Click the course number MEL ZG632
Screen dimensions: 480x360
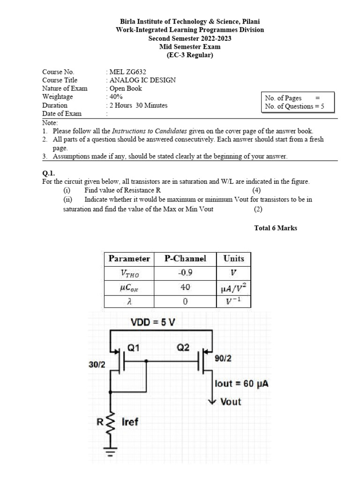point(128,72)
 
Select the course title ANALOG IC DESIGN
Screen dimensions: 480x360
point(142,80)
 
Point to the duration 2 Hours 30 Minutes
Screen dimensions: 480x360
point(138,105)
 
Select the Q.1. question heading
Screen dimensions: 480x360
point(49,172)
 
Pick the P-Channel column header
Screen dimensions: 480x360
point(185,258)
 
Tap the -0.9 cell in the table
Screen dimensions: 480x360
point(185,272)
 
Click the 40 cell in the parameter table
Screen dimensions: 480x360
point(185,287)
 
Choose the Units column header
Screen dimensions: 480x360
point(233,258)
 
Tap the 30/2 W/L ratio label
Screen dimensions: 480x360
point(97,365)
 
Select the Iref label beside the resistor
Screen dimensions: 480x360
point(130,421)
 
